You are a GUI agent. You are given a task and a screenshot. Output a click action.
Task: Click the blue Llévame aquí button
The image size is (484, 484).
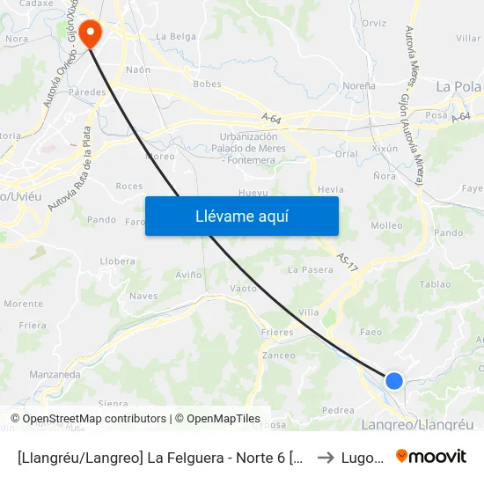[241, 216]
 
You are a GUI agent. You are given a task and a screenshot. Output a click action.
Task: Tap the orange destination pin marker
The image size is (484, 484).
[90, 34]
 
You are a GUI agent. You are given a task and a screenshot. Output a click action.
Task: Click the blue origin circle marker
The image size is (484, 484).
[394, 380]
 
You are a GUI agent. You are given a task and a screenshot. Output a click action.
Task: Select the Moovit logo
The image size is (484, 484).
[431, 457]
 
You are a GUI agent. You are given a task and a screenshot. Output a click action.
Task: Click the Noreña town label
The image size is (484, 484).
[358, 85]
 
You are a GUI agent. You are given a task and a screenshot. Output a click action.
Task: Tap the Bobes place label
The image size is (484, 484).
[207, 84]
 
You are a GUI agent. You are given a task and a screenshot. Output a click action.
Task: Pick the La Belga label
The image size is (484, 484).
[176, 37]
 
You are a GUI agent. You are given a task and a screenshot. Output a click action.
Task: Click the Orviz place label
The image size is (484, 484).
[374, 23]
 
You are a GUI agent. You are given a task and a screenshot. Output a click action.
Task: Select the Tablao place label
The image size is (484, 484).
[436, 284]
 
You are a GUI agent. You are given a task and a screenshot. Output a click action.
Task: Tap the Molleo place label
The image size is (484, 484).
[387, 226]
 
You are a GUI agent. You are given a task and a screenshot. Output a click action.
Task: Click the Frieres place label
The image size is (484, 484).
[277, 333]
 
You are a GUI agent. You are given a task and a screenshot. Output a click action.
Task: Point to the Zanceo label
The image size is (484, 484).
[279, 356]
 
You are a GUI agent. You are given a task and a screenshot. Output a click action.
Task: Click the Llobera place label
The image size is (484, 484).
[118, 261]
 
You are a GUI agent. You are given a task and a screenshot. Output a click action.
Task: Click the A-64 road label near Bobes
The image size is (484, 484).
[271, 116]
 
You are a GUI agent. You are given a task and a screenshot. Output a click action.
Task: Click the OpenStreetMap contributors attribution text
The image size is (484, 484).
[89, 419]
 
